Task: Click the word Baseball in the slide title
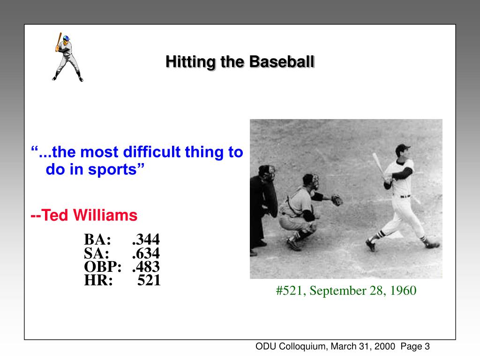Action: pos(281,61)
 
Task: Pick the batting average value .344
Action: pos(146,240)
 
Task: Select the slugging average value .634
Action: pos(146,254)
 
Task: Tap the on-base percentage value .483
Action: pos(146,267)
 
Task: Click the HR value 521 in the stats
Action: pos(149,281)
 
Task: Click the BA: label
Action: pos(97,240)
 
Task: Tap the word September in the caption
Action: pos(332,291)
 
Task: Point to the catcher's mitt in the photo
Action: pos(336,200)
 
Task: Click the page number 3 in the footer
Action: pos(427,347)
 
